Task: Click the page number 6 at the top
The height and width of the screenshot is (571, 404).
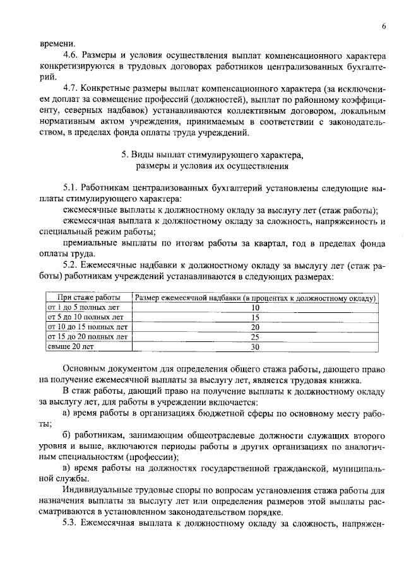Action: [x=383, y=26]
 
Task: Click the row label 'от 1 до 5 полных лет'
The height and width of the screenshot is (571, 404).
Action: [x=83, y=307]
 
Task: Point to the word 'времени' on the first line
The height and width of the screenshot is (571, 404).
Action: [x=55, y=44]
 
